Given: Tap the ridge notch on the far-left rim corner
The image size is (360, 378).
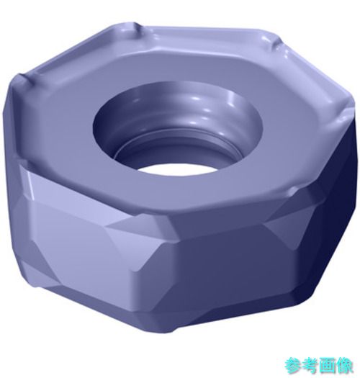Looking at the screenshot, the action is pos(25,80).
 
